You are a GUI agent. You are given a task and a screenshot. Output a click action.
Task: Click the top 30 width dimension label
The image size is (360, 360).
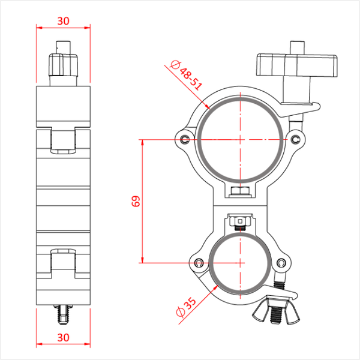(x=63, y=20)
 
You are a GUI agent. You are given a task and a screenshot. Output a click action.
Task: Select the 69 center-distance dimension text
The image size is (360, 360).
(x=136, y=201)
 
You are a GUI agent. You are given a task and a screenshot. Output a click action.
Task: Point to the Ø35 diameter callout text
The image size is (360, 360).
(x=186, y=307)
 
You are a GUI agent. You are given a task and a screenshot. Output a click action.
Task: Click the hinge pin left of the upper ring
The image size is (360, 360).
(x=184, y=139)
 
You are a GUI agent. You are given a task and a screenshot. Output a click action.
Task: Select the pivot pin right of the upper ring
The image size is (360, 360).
(x=295, y=139)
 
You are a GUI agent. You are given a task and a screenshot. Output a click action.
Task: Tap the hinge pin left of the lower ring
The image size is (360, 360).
(x=199, y=262)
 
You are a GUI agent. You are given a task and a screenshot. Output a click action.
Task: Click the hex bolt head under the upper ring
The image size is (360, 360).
(x=241, y=191)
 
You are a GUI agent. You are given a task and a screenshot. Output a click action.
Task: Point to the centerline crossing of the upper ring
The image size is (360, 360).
(x=240, y=139)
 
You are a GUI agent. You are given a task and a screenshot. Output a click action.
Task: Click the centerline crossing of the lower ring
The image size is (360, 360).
(x=240, y=262)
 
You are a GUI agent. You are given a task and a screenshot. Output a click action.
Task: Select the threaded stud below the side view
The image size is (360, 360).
(x=63, y=313)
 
